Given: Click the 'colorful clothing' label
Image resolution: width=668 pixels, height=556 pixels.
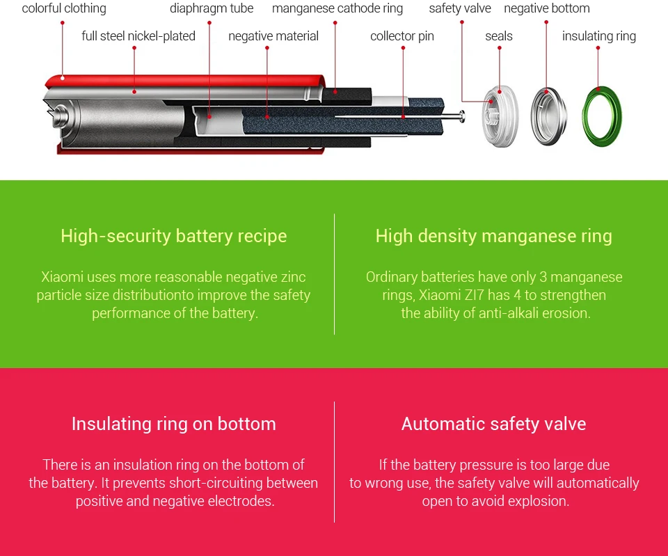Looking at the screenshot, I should coord(64,9).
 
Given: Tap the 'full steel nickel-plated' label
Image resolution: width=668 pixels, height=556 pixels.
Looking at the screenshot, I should coord(138,36).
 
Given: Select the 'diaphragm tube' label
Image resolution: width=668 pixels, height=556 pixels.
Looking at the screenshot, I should coord(212,9).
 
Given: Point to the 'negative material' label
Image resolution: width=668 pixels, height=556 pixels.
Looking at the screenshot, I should coord(273,36).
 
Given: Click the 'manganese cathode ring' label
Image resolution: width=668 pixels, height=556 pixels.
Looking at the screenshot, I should coord(337,9).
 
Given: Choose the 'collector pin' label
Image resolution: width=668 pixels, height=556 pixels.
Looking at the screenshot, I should coord(402,36).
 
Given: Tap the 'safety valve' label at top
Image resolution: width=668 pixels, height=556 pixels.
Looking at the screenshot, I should coord(460,9).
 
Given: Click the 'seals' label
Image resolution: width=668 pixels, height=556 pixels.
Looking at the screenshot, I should coord(499,36).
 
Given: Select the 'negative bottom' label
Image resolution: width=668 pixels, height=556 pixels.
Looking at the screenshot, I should coord(547,9).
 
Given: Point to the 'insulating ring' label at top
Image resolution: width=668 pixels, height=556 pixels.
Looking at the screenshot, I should coord(599,36).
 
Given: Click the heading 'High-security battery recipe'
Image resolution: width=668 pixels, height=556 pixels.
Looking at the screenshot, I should coord(173,236).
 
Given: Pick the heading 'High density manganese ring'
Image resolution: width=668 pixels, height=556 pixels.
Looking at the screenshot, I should coord(494,236).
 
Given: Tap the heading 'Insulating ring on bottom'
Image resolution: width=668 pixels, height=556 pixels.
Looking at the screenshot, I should coord(173,424).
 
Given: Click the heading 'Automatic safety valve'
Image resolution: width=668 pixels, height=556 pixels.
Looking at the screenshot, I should coord(494,424).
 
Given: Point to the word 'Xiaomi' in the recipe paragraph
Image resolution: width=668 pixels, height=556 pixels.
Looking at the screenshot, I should coord(63,277).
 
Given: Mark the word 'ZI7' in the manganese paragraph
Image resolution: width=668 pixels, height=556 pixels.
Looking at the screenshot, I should coord(481,295).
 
